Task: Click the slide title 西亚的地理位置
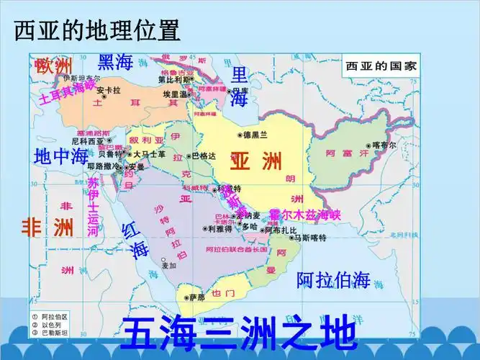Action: coord(97,30)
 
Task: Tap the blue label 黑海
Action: coord(116,62)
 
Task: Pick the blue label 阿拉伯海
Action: coord(333,280)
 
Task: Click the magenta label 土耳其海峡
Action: coord(66,94)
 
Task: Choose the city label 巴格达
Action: coord(202,156)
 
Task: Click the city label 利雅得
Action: coord(219,228)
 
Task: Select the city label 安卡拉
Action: coord(108,91)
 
